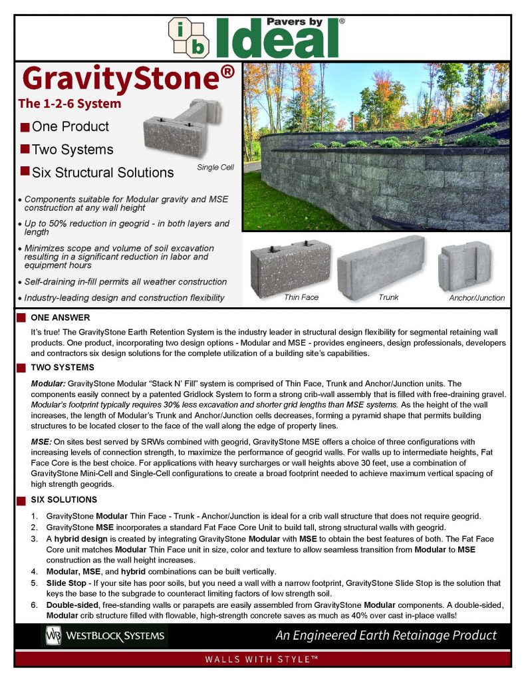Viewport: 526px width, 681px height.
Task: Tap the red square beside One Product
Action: point(25,127)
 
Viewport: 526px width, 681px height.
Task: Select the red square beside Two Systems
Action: point(25,149)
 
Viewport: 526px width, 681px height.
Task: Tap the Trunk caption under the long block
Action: point(388,297)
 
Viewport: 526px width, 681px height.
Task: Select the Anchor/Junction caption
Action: point(477,297)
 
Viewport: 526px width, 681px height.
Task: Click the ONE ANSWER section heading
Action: point(60,318)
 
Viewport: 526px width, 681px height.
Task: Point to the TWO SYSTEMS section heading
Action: point(63,367)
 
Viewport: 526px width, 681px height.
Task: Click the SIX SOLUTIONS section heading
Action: point(64,499)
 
